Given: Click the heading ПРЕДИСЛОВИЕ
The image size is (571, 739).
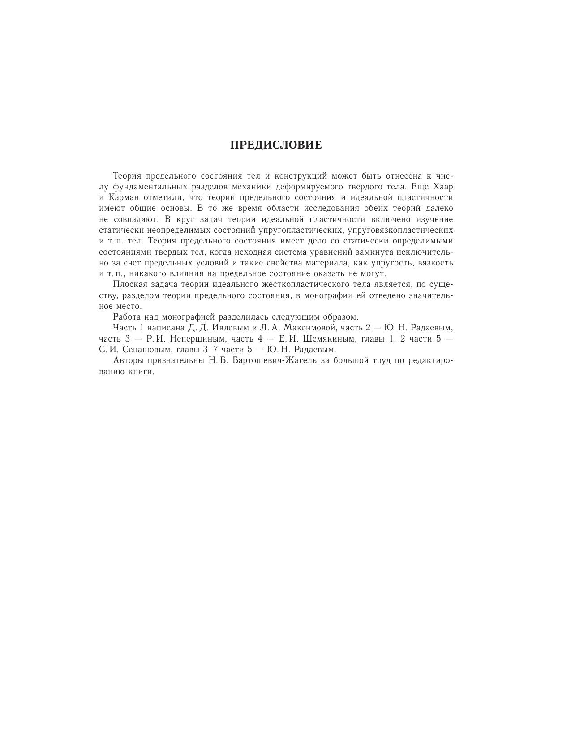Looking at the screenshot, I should tap(276, 145).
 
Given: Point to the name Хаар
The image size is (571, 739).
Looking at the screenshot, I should tap(442, 186).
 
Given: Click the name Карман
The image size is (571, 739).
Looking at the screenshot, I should tap(123, 197).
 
